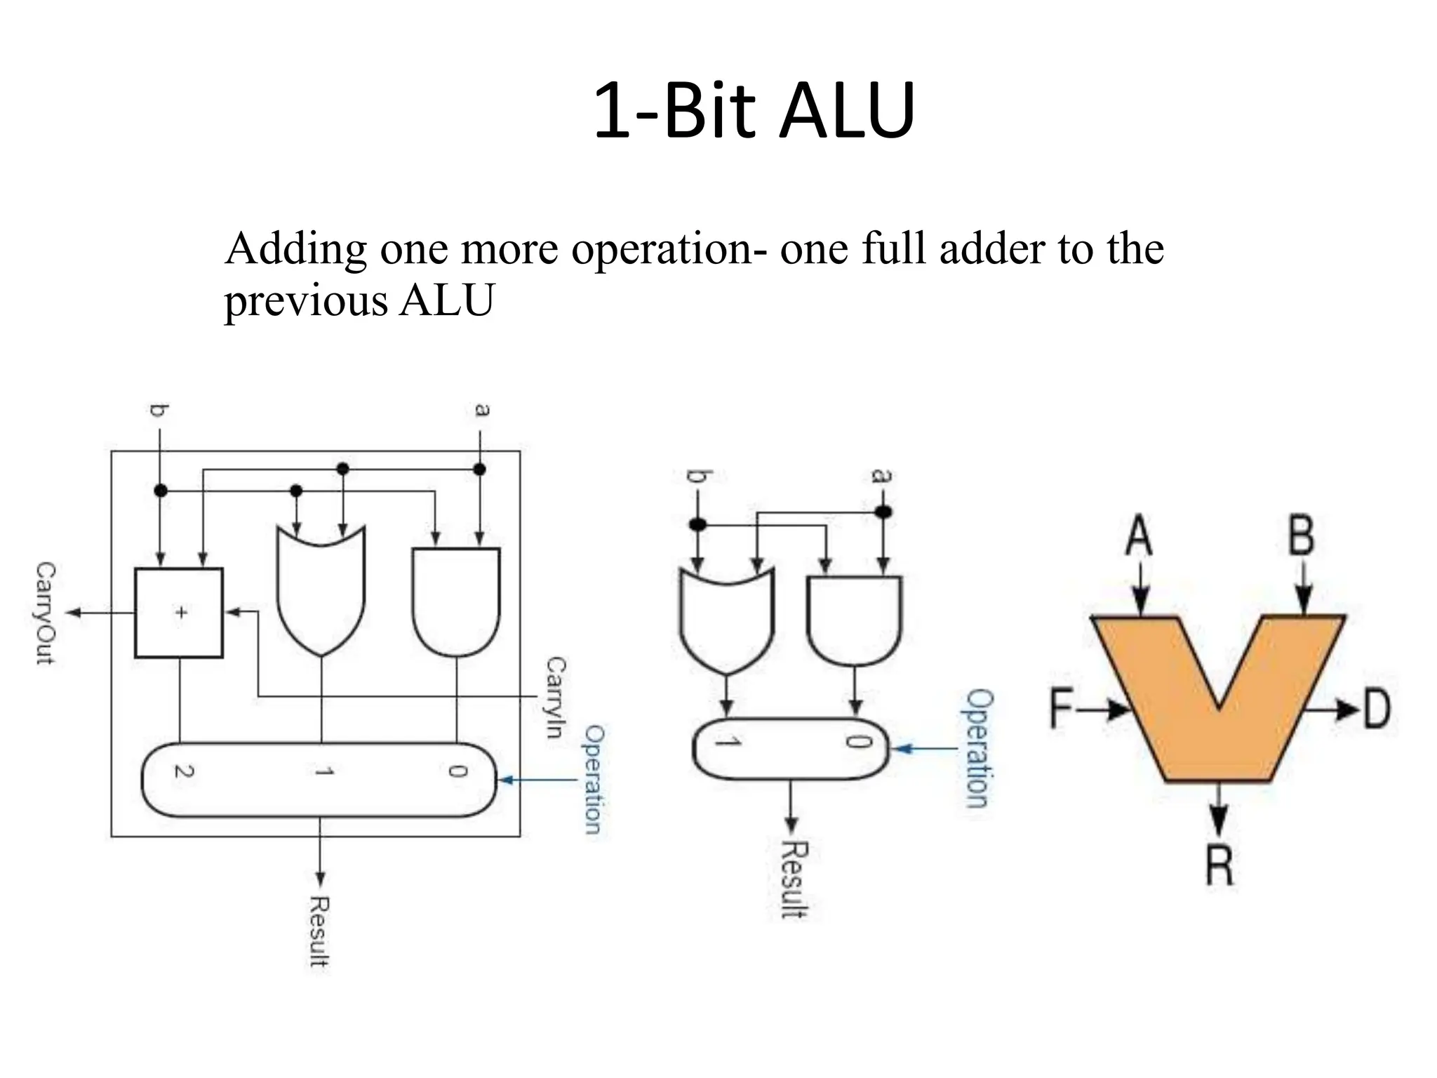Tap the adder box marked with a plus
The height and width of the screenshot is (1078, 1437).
click(180, 613)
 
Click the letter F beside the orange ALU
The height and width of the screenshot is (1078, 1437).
click(1062, 709)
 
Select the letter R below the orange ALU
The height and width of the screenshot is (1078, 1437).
click(1219, 865)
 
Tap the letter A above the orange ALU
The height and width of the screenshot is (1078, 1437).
click(1139, 535)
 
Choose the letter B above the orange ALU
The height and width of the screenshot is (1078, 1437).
click(1302, 535)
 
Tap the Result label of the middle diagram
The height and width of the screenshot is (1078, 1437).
click(794, 879)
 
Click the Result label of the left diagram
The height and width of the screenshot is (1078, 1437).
click(320, 931)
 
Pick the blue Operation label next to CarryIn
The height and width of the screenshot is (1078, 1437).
click(594, 779)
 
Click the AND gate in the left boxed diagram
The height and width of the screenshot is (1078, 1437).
click(457, 600)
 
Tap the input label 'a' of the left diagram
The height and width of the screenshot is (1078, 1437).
click(481, 409)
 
